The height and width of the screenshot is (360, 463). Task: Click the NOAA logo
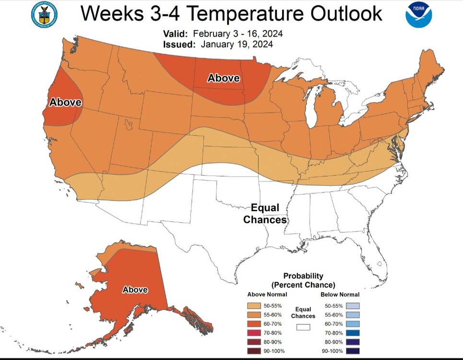pos(418,14)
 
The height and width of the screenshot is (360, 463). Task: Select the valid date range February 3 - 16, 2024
pos(237,35)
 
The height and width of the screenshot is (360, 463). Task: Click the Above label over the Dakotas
pos(223,78)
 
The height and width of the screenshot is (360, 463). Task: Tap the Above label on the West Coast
pos(65,103)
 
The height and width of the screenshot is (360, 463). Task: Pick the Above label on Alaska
pos(135,290)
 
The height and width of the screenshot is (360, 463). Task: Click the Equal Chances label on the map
pos(265,214)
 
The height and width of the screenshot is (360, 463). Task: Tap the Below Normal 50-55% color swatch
pos(352,306)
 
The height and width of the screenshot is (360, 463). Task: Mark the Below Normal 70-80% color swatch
pos(352,333)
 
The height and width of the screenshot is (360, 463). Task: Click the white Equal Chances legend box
pos(303,327)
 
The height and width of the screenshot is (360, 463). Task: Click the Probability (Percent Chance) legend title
pos(303,280)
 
